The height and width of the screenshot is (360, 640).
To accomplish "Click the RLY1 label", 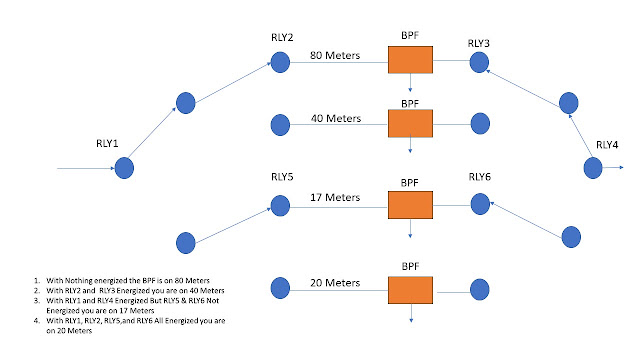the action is pos(107,143).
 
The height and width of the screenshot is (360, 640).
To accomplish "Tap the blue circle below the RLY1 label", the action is pos(124,168).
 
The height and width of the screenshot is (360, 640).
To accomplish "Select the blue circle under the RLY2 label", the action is pos(280,62).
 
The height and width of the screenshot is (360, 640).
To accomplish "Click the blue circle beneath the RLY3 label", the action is pos(479,62).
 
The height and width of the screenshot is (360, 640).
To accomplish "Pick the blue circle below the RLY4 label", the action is pos(593,168).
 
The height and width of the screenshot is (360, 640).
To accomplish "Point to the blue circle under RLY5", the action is pos(280,205).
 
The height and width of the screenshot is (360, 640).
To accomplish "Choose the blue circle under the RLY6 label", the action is pos(480,204).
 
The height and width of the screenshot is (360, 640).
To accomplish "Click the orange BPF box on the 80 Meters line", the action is pos(410,60).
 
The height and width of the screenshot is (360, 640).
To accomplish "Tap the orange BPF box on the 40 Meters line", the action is pos(410,123).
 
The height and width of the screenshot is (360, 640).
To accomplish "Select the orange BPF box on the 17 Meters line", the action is pos(410,205).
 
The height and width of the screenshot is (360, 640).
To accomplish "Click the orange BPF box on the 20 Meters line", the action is pos(410,290).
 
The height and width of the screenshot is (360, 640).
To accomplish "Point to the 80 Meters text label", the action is pos(335,55).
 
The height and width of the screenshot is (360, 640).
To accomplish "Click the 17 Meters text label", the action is pos(335,197).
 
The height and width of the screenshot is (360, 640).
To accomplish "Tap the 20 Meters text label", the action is pos(335,282).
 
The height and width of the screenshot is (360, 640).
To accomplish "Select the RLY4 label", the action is pos(607,145).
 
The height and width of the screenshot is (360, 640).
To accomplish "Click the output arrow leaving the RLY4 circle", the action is pos(613,167).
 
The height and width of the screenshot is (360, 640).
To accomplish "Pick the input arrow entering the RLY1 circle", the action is pos(86,168).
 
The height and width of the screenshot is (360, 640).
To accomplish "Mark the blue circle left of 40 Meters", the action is pos(280,125).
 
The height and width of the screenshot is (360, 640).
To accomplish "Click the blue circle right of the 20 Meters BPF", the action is pos(480,289).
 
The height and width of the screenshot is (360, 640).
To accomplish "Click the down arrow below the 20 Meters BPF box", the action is pos(411,313).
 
